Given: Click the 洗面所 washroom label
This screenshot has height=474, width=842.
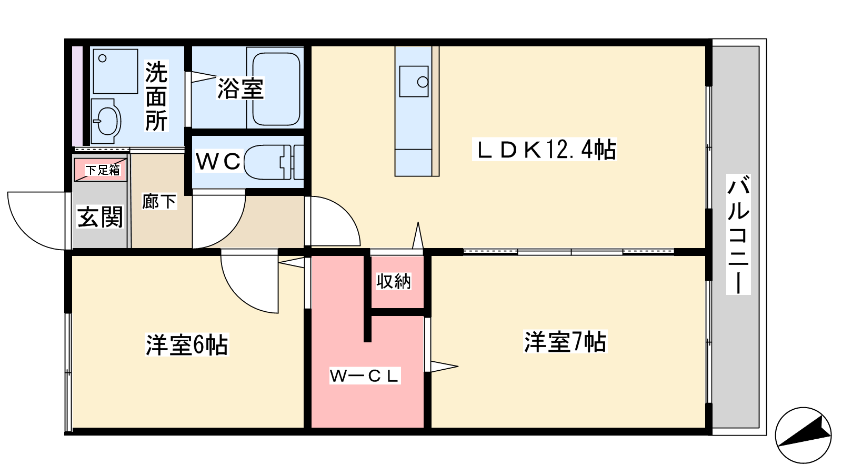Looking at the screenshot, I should tap(156, 96).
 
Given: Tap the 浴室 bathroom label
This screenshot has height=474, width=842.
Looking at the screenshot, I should tap(240, 88).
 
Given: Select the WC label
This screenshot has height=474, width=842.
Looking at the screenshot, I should tap(218, 161).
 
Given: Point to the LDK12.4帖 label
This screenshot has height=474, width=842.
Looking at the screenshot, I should tap(545, 150).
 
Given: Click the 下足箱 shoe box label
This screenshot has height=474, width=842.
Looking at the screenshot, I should tap(103, 170).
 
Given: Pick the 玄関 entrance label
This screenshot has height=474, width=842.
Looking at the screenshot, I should tap(100, 216).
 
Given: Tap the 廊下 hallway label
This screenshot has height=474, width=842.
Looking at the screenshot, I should tap(159, 201).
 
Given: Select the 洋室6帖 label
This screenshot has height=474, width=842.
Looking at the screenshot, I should tap(187, 345).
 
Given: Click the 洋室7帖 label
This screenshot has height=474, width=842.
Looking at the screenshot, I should tap(565, 342).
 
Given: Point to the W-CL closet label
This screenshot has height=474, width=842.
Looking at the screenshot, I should tap(365, 376).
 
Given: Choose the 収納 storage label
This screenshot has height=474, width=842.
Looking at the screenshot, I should tap(394, 282).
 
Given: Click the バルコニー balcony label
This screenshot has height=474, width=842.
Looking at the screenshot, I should tap(738, 234).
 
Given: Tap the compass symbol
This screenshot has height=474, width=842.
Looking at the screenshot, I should tap(803, 434).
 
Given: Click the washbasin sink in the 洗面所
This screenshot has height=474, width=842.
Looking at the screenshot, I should tap(107, 121).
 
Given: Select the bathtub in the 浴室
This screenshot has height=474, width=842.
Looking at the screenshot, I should tap(276, 88).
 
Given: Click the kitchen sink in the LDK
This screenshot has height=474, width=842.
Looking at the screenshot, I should tap(414, 82).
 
